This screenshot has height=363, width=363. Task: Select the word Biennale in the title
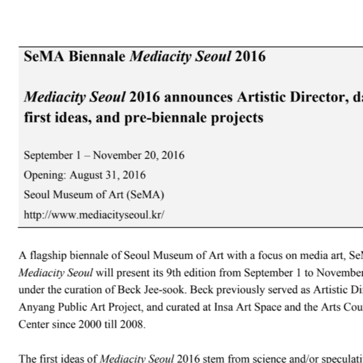[97, 57]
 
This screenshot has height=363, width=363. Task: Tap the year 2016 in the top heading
[250, 57]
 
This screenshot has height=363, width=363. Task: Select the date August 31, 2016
[107, 175]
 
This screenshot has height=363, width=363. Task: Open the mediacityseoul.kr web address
[94, 215]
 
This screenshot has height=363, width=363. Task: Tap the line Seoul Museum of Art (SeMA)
[94, 195]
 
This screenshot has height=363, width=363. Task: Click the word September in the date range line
[48, 156]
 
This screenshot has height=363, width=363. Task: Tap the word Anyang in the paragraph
[34, 307]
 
